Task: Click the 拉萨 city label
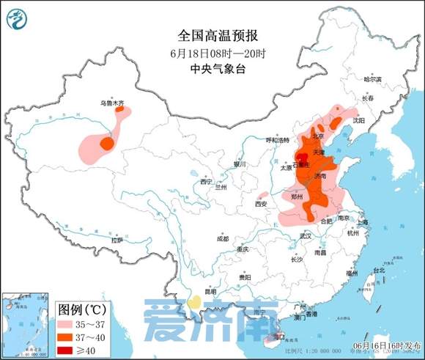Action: (117, 240)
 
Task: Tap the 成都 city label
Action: (222, 239)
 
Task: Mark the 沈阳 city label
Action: (358, 120)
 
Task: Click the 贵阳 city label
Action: (244, 276)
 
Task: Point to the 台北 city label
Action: (379, 270)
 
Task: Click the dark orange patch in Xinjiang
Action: (107, 143)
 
